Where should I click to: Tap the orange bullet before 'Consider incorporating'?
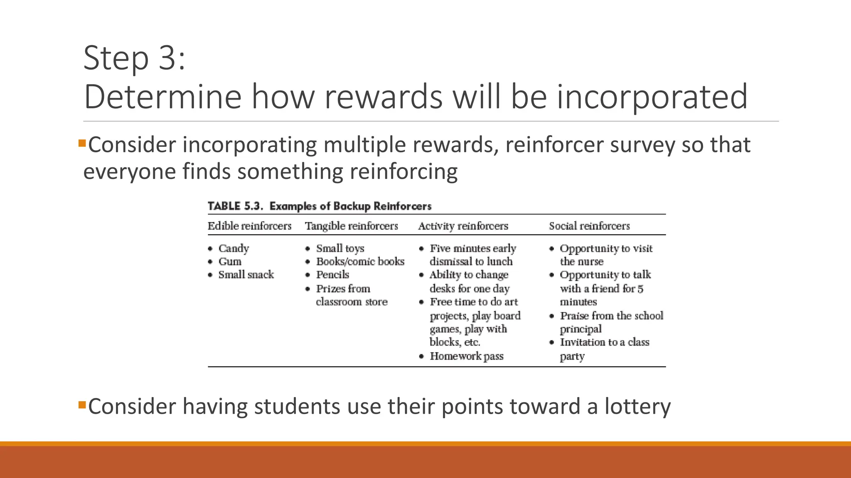pyautogui.click(x=82, y=144)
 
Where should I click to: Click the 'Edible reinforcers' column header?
pyautogui.click(x=249, y=226)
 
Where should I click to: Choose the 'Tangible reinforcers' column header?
pyautogui.click(x=352, y=226)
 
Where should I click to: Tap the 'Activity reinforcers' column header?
pyautogui.click(x=463, y=226)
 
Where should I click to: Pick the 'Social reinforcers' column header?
pyautogui.click(x=589, y=226)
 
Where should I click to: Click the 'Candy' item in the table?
pyautogui.click(x=234, y=249)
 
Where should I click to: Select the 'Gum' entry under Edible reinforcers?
pyautogui.click(x=230, y=262)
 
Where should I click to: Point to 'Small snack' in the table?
pyautogui.click(x=246, y=275)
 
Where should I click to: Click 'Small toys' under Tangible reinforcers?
pyautogui.click(x=340, y=249)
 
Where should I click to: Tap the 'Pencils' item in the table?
pyautogui.click(x=332, y=275)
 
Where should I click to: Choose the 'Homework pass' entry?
pyautogui.click(x=466, y=356)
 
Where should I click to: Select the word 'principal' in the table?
pyautogui.click(x=580, y=329)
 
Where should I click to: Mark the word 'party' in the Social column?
pyautogui.click(x=572, y=356)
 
